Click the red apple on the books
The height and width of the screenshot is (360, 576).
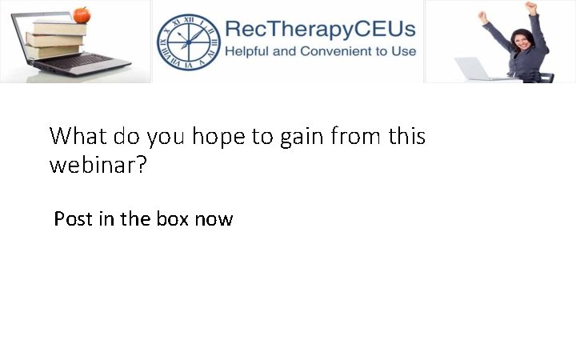[82, 14]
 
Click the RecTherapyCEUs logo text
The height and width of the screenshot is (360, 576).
[320, 30]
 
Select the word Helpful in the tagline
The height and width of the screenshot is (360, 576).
[250, 52]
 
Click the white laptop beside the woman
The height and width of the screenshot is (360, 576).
[477, 70]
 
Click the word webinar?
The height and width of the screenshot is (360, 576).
[98, 167]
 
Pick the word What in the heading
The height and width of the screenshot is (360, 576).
[78, 136]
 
